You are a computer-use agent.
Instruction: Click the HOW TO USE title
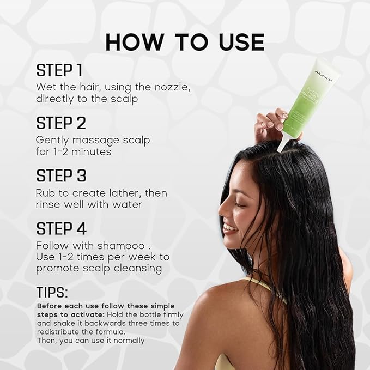pos(185,42)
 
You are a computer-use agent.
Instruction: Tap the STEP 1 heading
pos(59,70)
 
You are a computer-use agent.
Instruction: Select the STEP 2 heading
pos(61,123)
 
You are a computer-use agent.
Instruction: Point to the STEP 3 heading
pos(62,175)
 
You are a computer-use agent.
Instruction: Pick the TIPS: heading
pos(52,292)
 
